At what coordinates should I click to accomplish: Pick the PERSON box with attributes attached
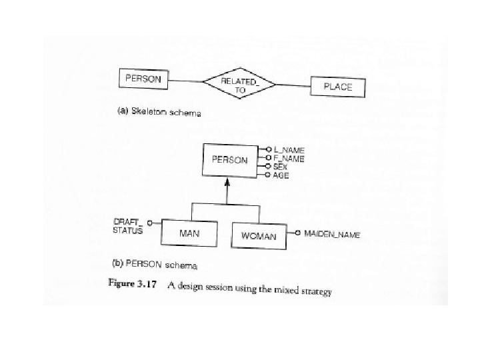(x=229, y=160)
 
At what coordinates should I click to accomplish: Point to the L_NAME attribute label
(x=289, y=150)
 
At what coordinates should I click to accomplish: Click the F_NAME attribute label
(x=289, y=159)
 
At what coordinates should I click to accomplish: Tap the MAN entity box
(x=189, y=234)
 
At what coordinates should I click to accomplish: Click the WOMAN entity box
(x=258, y=235)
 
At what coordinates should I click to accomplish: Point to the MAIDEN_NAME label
(x=332, y=235)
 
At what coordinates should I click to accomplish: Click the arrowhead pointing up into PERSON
(x=227, y=181)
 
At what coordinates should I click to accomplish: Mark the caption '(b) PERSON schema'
(x=155, y=265)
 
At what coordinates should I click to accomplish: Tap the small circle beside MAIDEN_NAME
(x=297, y=234)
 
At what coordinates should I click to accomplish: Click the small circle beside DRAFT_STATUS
(x=149, y=222)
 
